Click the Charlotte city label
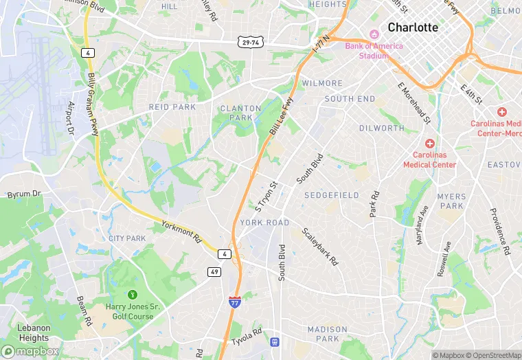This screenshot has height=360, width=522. (x=412, y=27)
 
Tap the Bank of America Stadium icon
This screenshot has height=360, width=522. (x=374, y=35)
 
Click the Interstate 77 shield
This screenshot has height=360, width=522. (x=234, y=301)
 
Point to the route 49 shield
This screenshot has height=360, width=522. (x=214, y=272)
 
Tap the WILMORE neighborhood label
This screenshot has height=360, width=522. (x=321, y=83)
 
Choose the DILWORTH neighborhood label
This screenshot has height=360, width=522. (x=382, y=128)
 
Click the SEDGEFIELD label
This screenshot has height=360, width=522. (x=332, y=196)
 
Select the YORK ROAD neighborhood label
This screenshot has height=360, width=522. (x=264, y=223)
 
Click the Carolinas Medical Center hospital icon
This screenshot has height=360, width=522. (x=430, y=144)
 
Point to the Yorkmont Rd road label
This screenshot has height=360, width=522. (x=181, y=233)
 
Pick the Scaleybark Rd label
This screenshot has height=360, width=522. (x=319, y=247)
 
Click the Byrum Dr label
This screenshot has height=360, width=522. (x=24, y=195)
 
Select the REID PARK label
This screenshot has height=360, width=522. (x=172, y=107)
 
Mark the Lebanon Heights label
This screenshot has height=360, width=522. (x=34, y=333)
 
